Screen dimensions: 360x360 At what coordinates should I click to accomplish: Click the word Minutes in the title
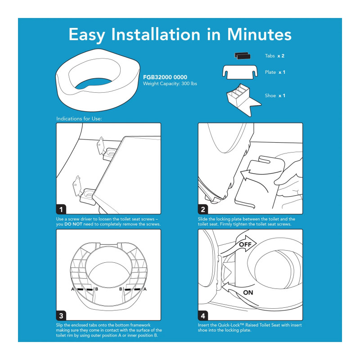259,35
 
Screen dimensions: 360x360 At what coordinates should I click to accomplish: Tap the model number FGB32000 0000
165,77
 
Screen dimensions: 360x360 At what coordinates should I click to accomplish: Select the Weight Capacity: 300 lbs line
170,84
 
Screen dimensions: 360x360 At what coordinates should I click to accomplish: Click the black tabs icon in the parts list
242,55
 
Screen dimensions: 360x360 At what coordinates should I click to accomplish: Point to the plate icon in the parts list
240,72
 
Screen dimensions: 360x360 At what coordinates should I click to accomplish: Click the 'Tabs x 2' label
274,56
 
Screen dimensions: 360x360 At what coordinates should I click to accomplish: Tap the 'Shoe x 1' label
275,95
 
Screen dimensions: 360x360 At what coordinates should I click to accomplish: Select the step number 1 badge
61,209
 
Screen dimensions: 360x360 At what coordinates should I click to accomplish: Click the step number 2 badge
203,209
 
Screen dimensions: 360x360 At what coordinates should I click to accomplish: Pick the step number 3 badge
61,315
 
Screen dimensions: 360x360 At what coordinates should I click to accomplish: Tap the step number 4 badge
203,315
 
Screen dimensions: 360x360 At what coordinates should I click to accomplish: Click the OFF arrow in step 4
239,247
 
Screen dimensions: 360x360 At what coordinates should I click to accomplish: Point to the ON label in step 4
248,292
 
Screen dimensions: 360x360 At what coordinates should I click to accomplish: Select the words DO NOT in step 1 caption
73,224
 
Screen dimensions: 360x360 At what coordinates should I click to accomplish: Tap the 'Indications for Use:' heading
79,119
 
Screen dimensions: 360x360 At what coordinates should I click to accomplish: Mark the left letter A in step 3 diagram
73,289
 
